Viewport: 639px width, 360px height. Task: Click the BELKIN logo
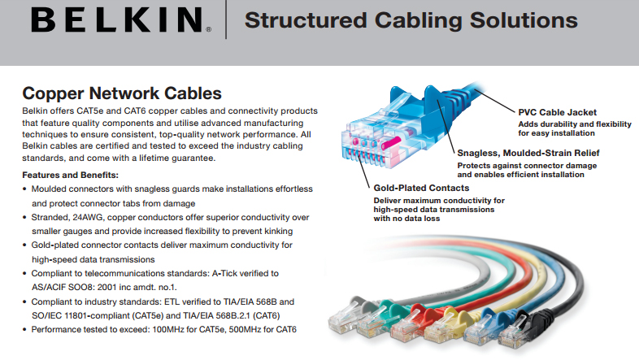pyautogui.click(x=121, y=20)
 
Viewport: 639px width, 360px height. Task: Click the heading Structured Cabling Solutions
pyautogui.click(x=411, y=20)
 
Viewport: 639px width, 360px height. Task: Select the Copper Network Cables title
pyautogui.click(x=122, y=93)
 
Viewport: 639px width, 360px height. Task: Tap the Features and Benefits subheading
pyautogui.click(x=70, y=175)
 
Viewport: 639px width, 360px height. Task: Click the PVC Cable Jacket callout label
pyautogui.click(x=557, y=112)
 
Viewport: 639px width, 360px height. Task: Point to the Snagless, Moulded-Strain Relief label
pyautogui.click(x=528, y=153)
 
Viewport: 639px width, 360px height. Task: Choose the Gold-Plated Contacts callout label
pyautogui.click(x=421, y=188)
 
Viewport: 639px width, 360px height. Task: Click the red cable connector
pyautogui.click(x=411, y=321)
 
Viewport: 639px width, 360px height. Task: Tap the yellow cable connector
pyautogui.click(x=446, y=325)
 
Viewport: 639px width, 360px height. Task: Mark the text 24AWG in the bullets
pyautogui.click(x=87, y=218)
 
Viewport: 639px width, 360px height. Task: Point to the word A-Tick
pyautogui.click(x=224, y=273)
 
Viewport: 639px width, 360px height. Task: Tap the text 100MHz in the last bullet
pyautogui.click(x=168, y=329)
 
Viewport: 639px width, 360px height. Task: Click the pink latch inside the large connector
pyautogui.click(x=389, y=143)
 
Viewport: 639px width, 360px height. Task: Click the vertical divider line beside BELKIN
pyautogui.click(x=226, y=20)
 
